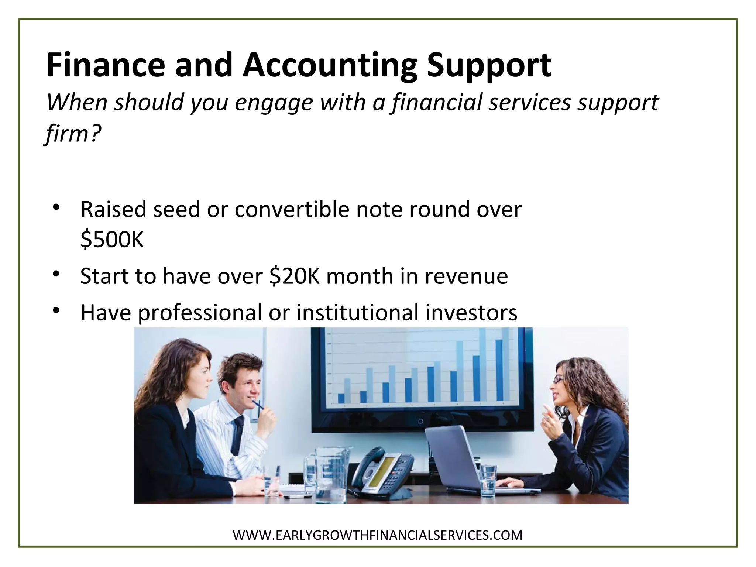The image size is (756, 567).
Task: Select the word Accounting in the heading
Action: pos(330,66)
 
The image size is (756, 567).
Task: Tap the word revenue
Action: pos(466,276)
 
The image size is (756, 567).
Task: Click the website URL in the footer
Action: pos(378,535)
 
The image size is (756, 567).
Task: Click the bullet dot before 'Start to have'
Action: pos(56,274)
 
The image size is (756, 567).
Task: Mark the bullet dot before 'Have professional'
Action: pos(56,311)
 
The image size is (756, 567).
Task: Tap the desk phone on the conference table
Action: pos(380,472)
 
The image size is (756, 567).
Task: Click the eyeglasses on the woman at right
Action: pos(558,380)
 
